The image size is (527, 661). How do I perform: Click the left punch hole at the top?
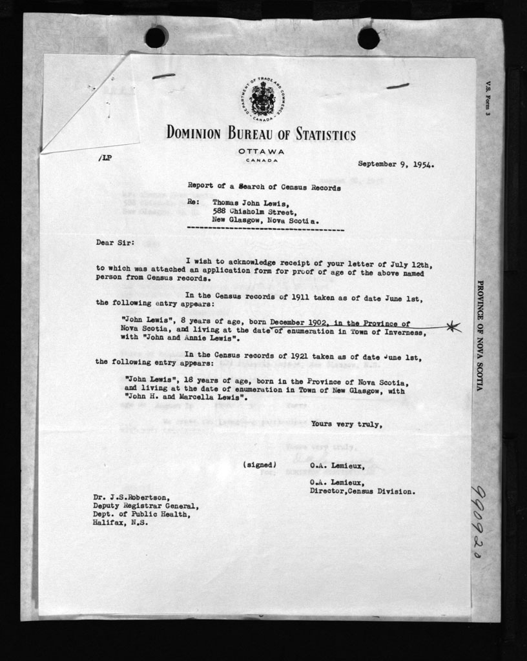[x=156, y=37]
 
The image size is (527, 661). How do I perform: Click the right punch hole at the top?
[x=368, y=38]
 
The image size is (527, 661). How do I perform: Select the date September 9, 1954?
[x=395, y=164]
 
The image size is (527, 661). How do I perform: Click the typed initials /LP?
[x=105, y=158]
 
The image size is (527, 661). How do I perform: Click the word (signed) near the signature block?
[x=260, y=465]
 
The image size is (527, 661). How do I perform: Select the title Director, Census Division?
[x=362, y=491]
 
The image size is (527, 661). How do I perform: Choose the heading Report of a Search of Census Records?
[x=264, y=185]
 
